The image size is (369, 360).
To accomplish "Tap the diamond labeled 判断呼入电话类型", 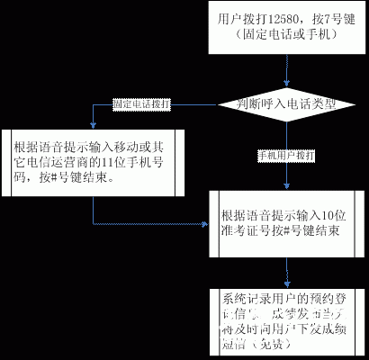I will click(285, 103).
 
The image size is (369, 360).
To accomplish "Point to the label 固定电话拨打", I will click(139, 104).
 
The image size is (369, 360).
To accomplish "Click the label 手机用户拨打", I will click(285, 155).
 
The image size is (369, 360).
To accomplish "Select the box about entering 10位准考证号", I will click(285, 223).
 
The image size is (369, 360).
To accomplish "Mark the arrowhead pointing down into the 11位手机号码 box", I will click(93, 125).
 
